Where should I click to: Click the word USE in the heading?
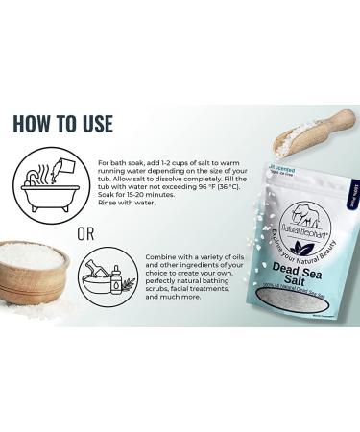pyautogui.click(x=97, y=124)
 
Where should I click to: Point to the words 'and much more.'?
pyautogui.click(x=172, y=298)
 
